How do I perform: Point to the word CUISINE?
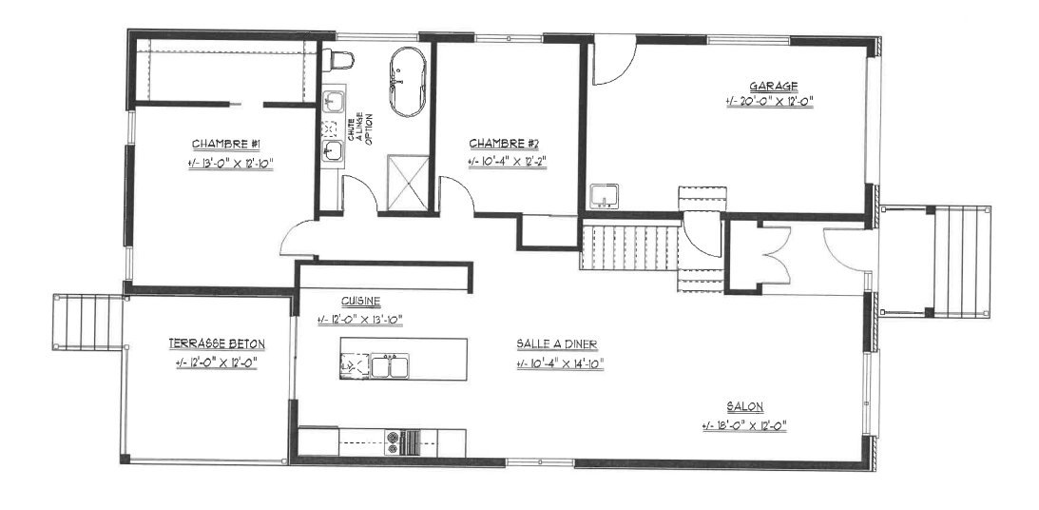pyautogui.click(x=361, y=301)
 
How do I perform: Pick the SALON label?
pyautogui.click(x=745, y=406)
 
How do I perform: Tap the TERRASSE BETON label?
pyautogui.click(x=217, y=343)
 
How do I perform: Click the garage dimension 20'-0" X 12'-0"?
pyautogui.click(x=769, y=102)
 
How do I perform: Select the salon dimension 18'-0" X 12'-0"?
pyautogui.click(x=744, y=426)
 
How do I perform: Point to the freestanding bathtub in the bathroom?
pyautogui.click(x=408, y=82)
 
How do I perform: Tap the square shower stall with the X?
pyautogui.click(x=408, y=184)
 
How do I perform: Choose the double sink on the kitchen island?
pyautogui.click(x=390, y=366)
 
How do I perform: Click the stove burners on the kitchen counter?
pyautogui.click(x=393, y=443)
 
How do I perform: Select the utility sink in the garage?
pyautogui.click(x=604, y=196)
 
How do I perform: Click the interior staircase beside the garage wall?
pyautogui.click(x=631, y=246)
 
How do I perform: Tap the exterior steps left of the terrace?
pyautogui.click(x=88, y=322)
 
